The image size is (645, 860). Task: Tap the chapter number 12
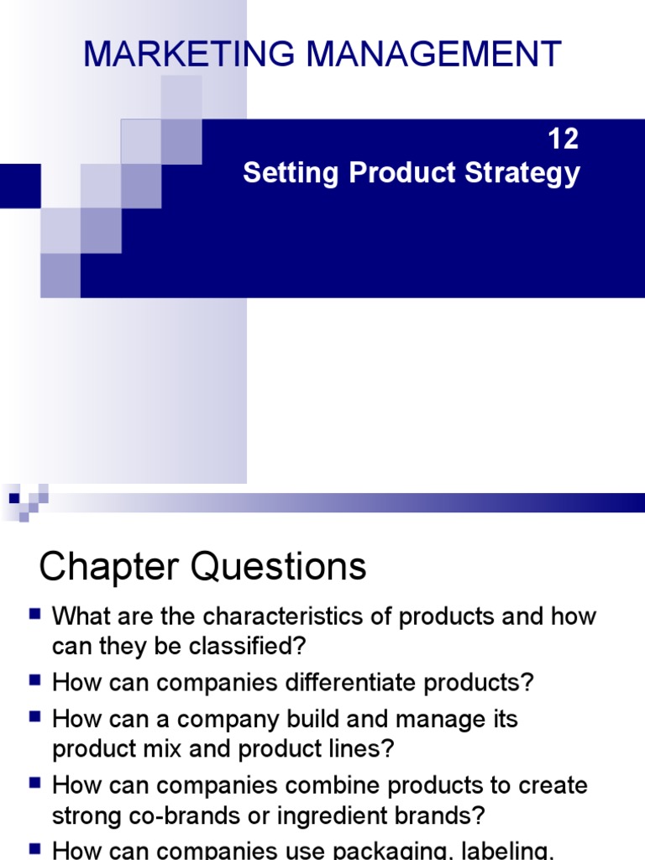[564, 139]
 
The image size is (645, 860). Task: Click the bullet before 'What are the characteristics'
[34, 614]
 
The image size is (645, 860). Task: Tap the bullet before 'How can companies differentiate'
[34, 681]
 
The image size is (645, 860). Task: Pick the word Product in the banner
[400, 174]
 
